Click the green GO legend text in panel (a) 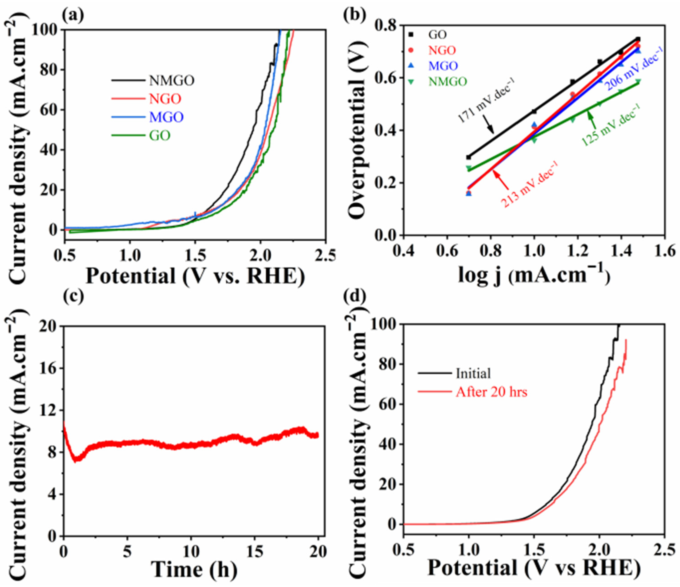(160, 135)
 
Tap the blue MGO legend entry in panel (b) (443, 66)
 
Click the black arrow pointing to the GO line (489, 125)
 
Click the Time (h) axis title (194, 570)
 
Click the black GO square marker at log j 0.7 (469, 157)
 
